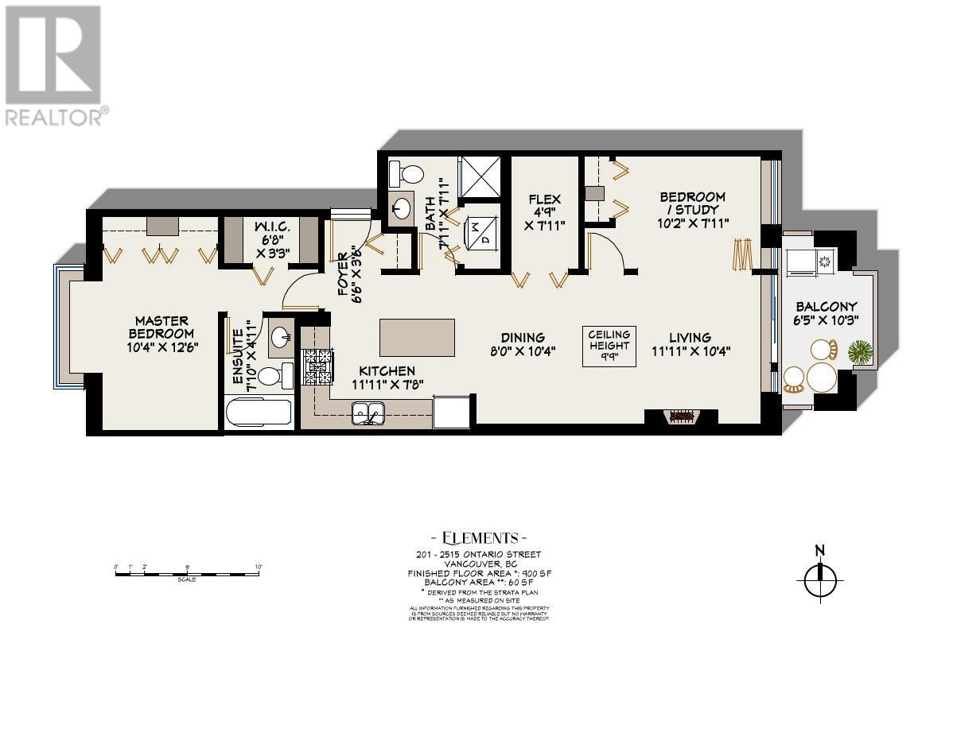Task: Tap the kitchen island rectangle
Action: pos(418,337)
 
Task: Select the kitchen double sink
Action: pos(369,413)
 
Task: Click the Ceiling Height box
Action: pos(609,346)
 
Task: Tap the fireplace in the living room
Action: pos(681,416)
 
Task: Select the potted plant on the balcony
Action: pos(858,351)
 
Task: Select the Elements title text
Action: pos(474,537)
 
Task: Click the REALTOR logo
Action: pos(54,64)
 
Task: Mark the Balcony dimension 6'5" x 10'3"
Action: pos(827,321)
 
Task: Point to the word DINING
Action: pos(523,337)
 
